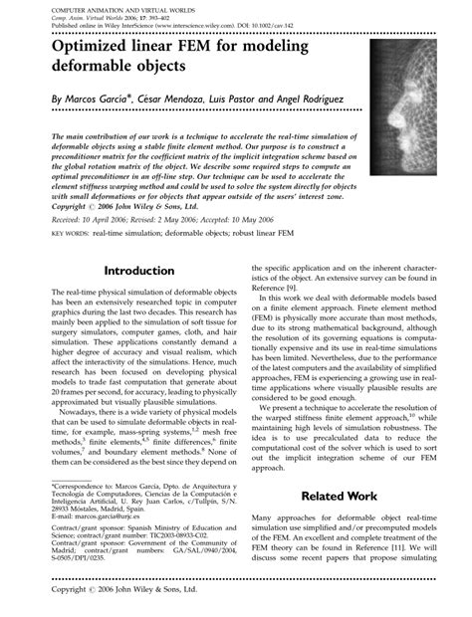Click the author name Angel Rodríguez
[x=309, y=101]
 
